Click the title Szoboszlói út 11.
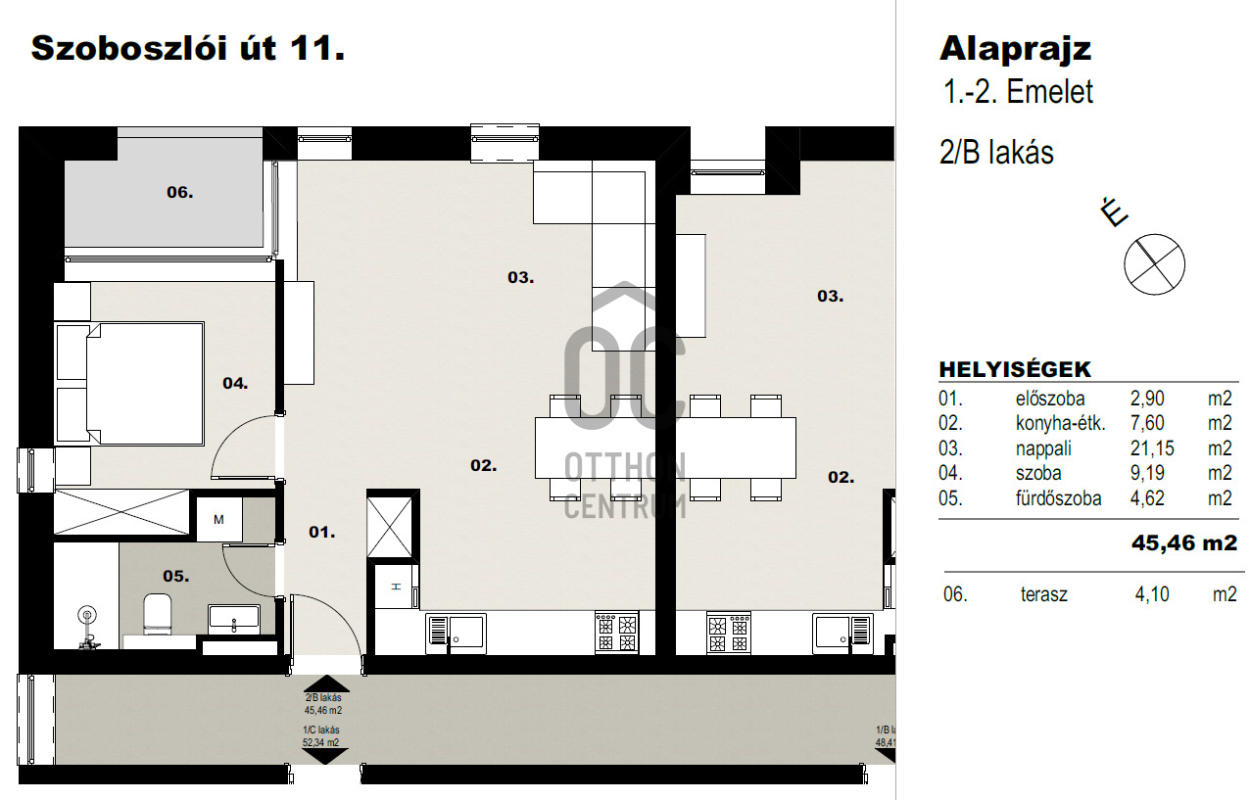(x=188, y=49)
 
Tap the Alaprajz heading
(x=1015, y=50)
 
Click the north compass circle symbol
(x=1154, y=263)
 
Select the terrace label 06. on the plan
(x=179, y=193)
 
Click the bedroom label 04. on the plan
(x=235, y=383)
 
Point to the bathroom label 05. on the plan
(x=175, y=576)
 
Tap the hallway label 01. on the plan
(x=322, y=533)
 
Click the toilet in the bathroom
(x=157, y=614)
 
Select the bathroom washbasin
(x=234, y=619)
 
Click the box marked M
(x=218, y=519)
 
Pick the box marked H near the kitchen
(x=396, y=587)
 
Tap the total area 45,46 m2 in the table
(x=1184, y=542)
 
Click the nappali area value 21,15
(x=1152, y=448)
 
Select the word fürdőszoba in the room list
(x=1058, y=498)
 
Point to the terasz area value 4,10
(x=1152, y=594)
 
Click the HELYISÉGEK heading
(x=1015, y=369)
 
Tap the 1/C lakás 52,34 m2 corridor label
(x=321, y=735)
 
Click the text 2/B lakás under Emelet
(x=996, y=153)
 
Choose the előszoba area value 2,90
(x=1147, y=399)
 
